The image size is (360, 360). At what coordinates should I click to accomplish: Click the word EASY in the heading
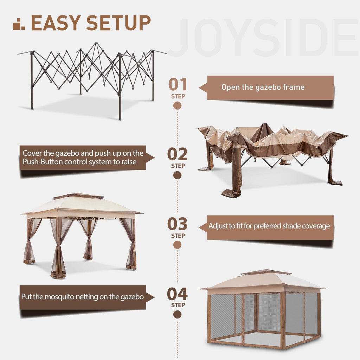pos(56,23)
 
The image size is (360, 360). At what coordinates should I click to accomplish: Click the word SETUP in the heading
pos(118,23)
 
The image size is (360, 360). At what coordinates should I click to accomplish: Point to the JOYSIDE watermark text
pos(264,38)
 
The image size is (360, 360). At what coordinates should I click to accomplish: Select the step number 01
pos(178,84)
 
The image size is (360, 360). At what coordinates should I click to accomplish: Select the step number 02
pos(178,154)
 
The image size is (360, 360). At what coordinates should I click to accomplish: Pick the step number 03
pos(178,224)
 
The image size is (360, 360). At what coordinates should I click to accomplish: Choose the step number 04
pos(178,294)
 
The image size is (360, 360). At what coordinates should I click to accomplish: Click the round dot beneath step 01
pos(178,105)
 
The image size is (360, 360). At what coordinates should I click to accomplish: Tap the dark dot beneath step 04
pos(178,314)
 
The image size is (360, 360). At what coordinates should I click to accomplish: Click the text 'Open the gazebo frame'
pos(263,87)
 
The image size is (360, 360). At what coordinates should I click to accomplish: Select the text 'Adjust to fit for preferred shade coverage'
pos(269,226)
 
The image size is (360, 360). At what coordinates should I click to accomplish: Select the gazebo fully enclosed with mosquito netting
pos(264,309)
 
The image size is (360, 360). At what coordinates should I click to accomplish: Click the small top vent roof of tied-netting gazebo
pos(78,196)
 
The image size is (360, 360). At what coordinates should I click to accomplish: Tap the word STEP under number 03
pos(178,236)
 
